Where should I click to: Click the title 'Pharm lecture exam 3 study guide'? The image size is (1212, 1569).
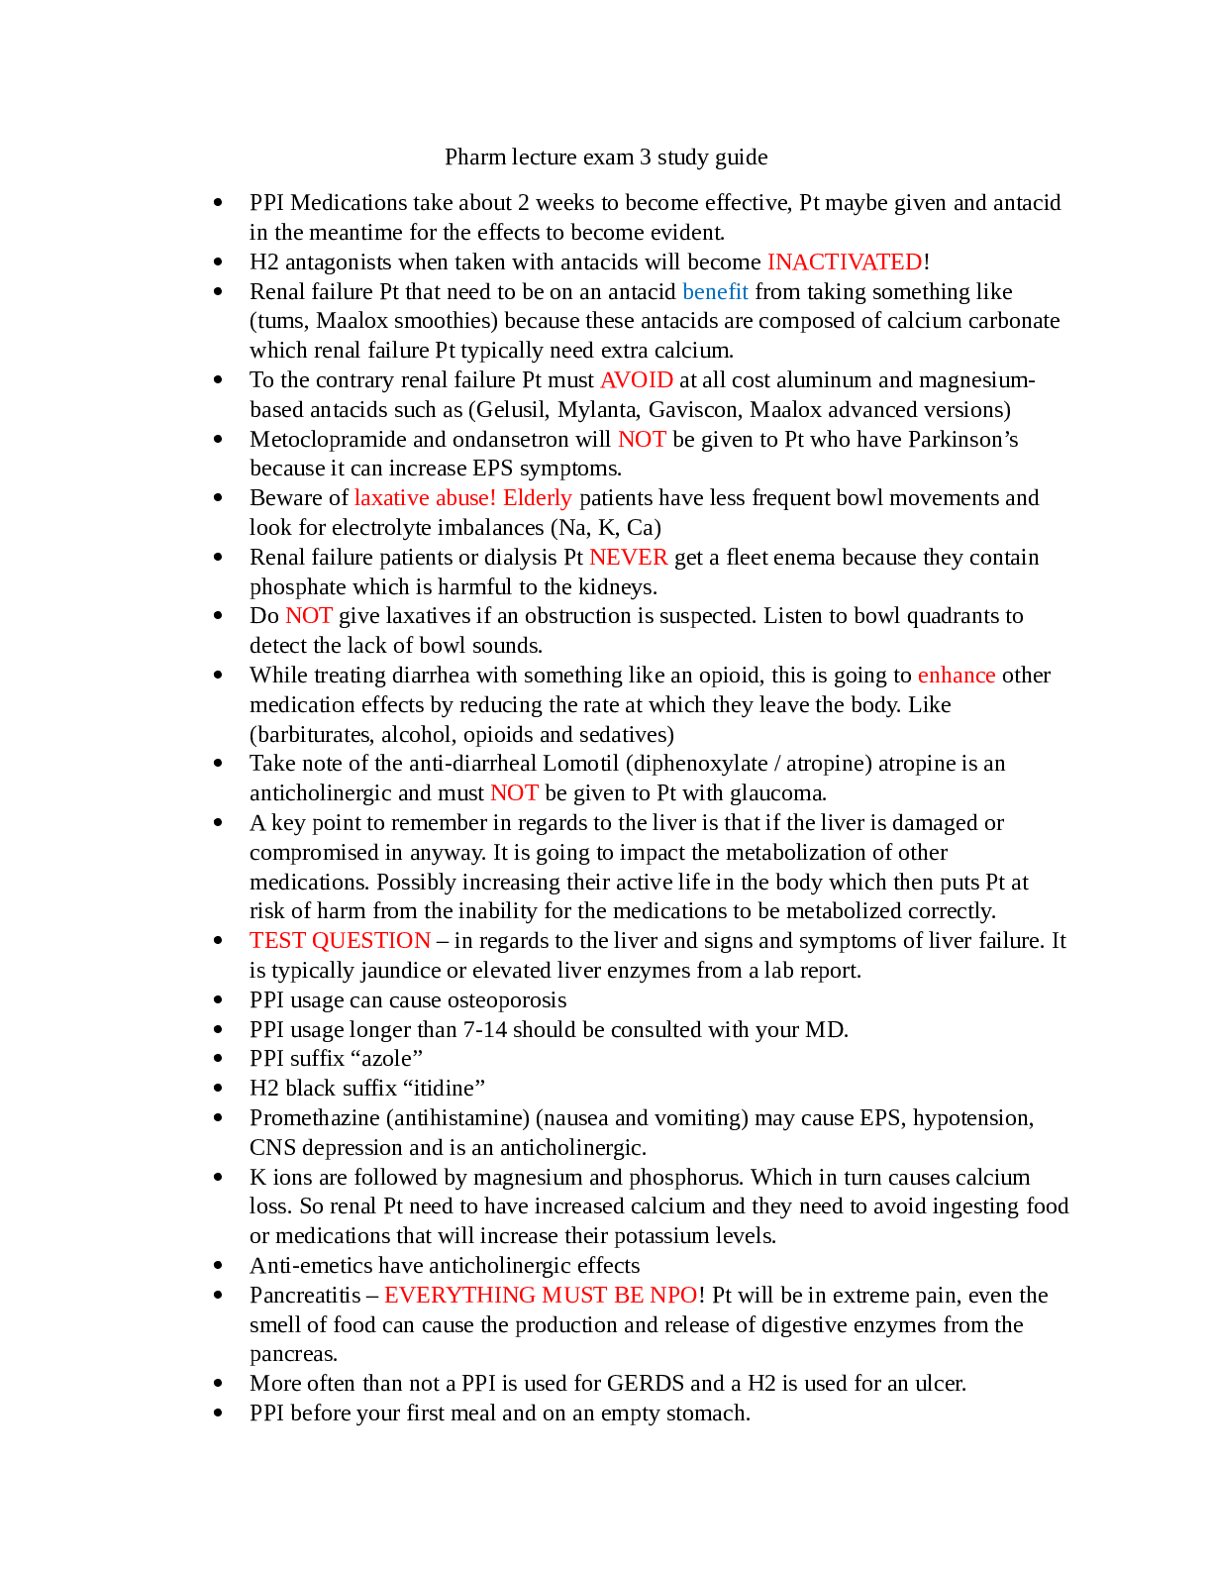coord(606,157)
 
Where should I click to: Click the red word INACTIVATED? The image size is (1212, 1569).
coord(844,261)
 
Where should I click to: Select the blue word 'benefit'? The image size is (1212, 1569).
coord(715,291)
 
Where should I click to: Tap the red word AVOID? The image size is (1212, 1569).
coord(636,379)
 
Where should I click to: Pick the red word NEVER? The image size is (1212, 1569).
coord(628,557)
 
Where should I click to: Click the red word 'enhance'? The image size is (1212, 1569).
coord(956,675)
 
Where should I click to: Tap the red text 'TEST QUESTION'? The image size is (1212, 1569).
coord(340,940)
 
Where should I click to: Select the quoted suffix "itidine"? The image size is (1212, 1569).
coord(444,1088)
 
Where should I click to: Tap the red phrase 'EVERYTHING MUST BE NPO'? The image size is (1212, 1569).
coord(541,1295)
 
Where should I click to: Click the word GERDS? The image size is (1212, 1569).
coord(646,1383)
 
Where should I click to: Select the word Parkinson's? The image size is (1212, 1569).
coord(962,439)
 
